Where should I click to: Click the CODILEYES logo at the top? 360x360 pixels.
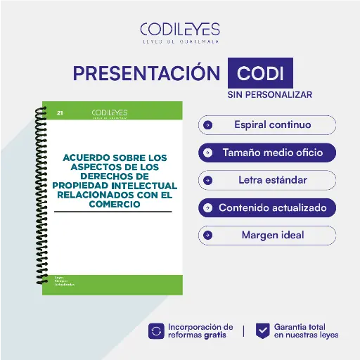tap(180, 30)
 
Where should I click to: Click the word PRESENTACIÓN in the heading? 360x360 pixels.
tap(146, 73)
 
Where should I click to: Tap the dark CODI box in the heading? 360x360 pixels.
tap(260, 73)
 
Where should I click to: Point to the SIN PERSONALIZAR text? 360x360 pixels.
tap(269, 94)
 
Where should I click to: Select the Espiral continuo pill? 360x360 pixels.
tap(267, 125)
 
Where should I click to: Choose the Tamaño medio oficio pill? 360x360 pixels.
tap(267, 153)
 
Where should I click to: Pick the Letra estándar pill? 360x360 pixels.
tap(267, 180)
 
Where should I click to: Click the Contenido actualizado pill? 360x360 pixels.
tap(267, 207)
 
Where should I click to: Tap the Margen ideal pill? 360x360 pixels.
tap(267, 235)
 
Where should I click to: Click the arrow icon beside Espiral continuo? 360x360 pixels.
tap(207, 125)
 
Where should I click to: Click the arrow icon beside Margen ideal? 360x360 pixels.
tap(207, 235)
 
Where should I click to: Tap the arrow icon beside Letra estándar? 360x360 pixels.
tap(207, 180)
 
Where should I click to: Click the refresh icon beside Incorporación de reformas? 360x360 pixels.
tap(156, 331)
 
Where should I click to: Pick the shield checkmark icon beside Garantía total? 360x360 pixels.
tap(262, 331)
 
